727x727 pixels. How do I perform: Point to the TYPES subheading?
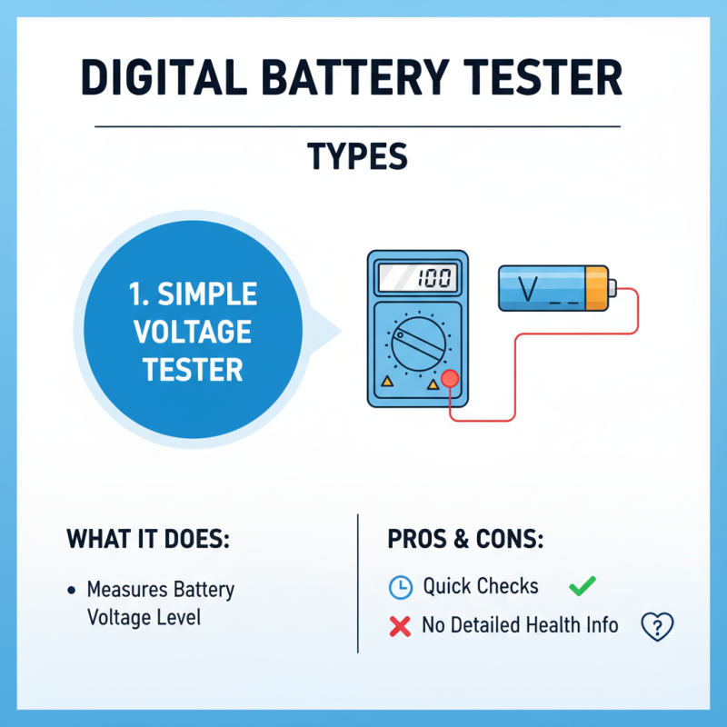click(x=357, y=157)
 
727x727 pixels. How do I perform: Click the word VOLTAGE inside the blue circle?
click(x=192, y=332)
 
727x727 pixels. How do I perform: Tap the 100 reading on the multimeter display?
click(x=435, y=278)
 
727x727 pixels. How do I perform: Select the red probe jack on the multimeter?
click(x=447, y=380)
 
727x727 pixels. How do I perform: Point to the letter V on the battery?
click(x=526, y=288)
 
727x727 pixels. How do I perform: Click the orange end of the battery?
click(x=595, y=288)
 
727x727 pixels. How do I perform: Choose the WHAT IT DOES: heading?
click(x=148, y=539)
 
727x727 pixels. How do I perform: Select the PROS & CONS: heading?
click(x=465, y=539)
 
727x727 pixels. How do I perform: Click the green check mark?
click(x=582, y=586)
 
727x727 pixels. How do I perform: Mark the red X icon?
click(x=398, y=625)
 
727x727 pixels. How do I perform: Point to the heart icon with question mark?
click(x=656, y=625)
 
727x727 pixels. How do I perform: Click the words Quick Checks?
click(x=481, y=587)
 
